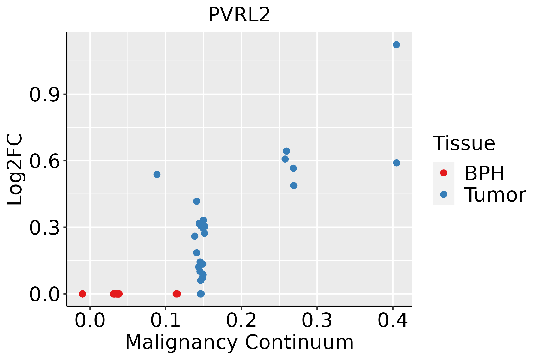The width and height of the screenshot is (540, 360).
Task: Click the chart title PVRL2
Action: point(239,15)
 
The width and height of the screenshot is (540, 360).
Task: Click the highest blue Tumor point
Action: point(396,45)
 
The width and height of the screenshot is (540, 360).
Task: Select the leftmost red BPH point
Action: point(82,294)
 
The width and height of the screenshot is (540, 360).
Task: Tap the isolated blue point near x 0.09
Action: point(157,174)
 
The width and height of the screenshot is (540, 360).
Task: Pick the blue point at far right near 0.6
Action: point(397,163)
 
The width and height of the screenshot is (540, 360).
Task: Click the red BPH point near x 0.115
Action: point(177,294)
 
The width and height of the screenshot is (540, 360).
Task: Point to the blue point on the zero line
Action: point(201,294)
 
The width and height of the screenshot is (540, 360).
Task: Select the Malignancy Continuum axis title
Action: point(239,342)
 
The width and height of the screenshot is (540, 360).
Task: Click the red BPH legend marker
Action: point(443,173)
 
